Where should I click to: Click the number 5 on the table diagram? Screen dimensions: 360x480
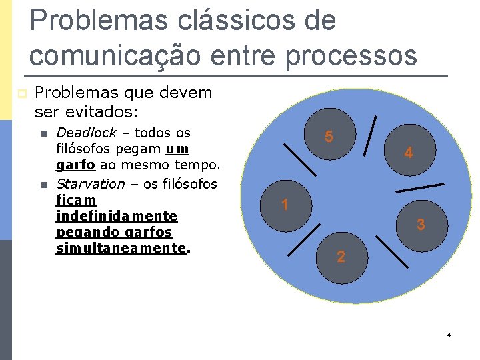pyautogui.click(x=329, y=137)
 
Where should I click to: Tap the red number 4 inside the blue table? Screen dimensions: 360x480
pyautogui.click(x=409, y=153)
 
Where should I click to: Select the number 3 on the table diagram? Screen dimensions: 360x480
pyautogui.click(x=421, y=225)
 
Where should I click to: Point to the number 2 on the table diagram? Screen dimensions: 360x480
pyautogui.click(x=341, y=257)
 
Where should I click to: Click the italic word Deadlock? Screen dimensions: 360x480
pyautogui.click(x=86, y=133)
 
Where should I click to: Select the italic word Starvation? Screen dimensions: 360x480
pyautogui.click(x=90, y=183)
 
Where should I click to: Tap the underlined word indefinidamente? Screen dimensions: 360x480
pyautogui.click(x=117, y=216)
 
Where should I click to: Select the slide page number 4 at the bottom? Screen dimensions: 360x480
pyautogui.click(x=449, y=335)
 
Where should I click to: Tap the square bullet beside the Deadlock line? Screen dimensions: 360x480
pyautogui.click(x=44, y=133)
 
